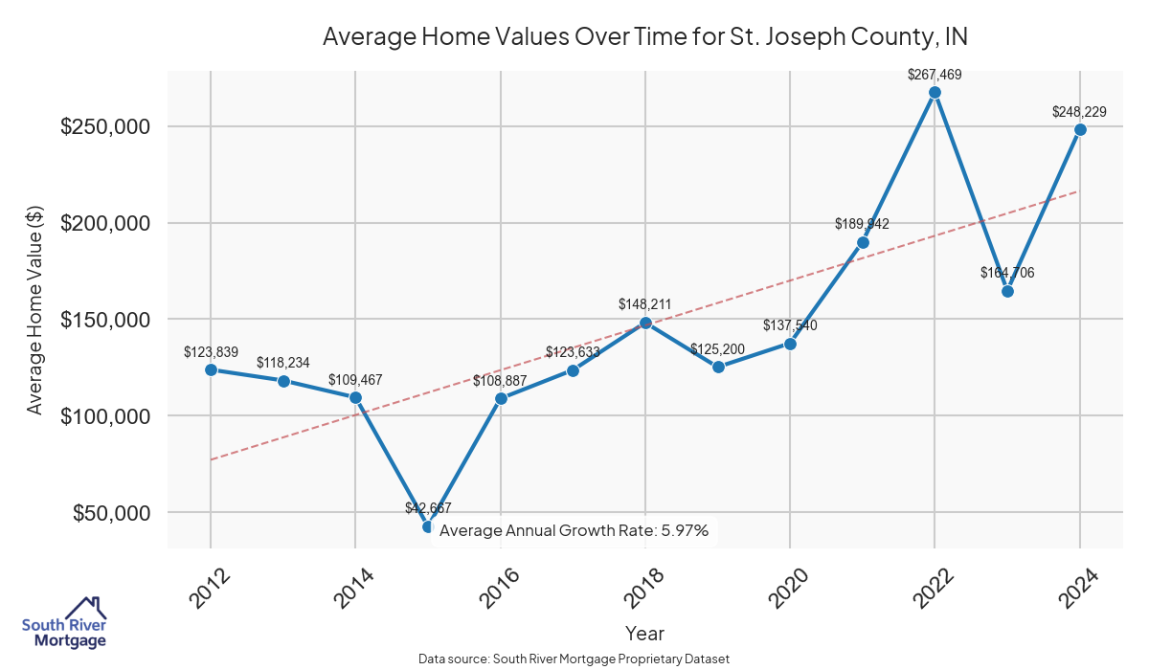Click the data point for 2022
point(935,93)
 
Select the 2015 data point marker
point(428,526)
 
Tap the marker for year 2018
point(645,323)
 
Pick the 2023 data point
point(1007,291)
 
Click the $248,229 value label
point(1079,112)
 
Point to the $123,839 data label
point(211,352)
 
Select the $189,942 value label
point(862,225)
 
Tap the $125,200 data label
point(717,349)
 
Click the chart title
point(644,37)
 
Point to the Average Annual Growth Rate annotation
point(574,530)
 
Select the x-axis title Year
point(644,634)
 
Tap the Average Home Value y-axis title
point(35,320)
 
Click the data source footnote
point(574,659)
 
